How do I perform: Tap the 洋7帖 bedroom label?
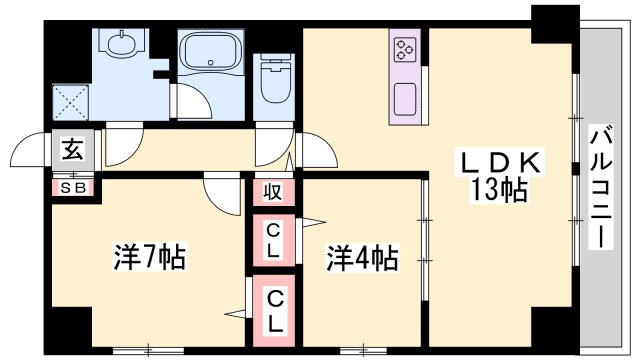tap(148, 258)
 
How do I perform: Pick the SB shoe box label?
tap(73, 186)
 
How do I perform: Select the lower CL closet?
tap(272, 310)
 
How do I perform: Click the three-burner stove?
tap(405, 48)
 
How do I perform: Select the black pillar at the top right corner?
tap(554, 22)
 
